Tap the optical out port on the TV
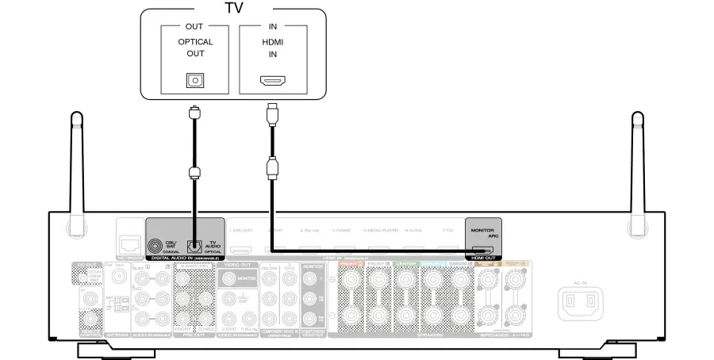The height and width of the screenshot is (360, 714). tap(194, 80)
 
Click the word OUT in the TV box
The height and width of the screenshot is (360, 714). tap(194, 26)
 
